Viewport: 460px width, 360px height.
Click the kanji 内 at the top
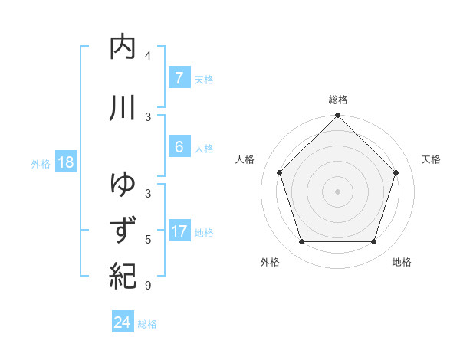pos(123,47)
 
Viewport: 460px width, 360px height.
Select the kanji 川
pos(123,108)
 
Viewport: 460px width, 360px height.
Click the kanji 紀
pos(123,275)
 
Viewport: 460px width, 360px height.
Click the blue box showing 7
pos(179,78)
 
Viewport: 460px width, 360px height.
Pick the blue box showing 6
pos(179,147)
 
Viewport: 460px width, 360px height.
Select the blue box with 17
pos(179,231)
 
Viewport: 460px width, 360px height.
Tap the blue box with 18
pos(65,162)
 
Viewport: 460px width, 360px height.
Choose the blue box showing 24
pos(122,322)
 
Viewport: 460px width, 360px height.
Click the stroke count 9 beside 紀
pos(148,286)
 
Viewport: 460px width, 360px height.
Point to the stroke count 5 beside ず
pos(148,240)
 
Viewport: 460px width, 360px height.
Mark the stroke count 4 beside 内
pos(148,56)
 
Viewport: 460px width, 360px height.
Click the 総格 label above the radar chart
pos(338,100)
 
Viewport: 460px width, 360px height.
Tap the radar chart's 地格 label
pos(402,263)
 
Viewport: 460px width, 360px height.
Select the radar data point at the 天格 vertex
pos(396,172)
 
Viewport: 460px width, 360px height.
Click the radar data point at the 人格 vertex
pos(280,172)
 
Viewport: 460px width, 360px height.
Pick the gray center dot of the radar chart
pos(338,191)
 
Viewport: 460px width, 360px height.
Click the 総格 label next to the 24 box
pos(147,324)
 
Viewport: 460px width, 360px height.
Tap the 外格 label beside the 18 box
pos(41,163)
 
